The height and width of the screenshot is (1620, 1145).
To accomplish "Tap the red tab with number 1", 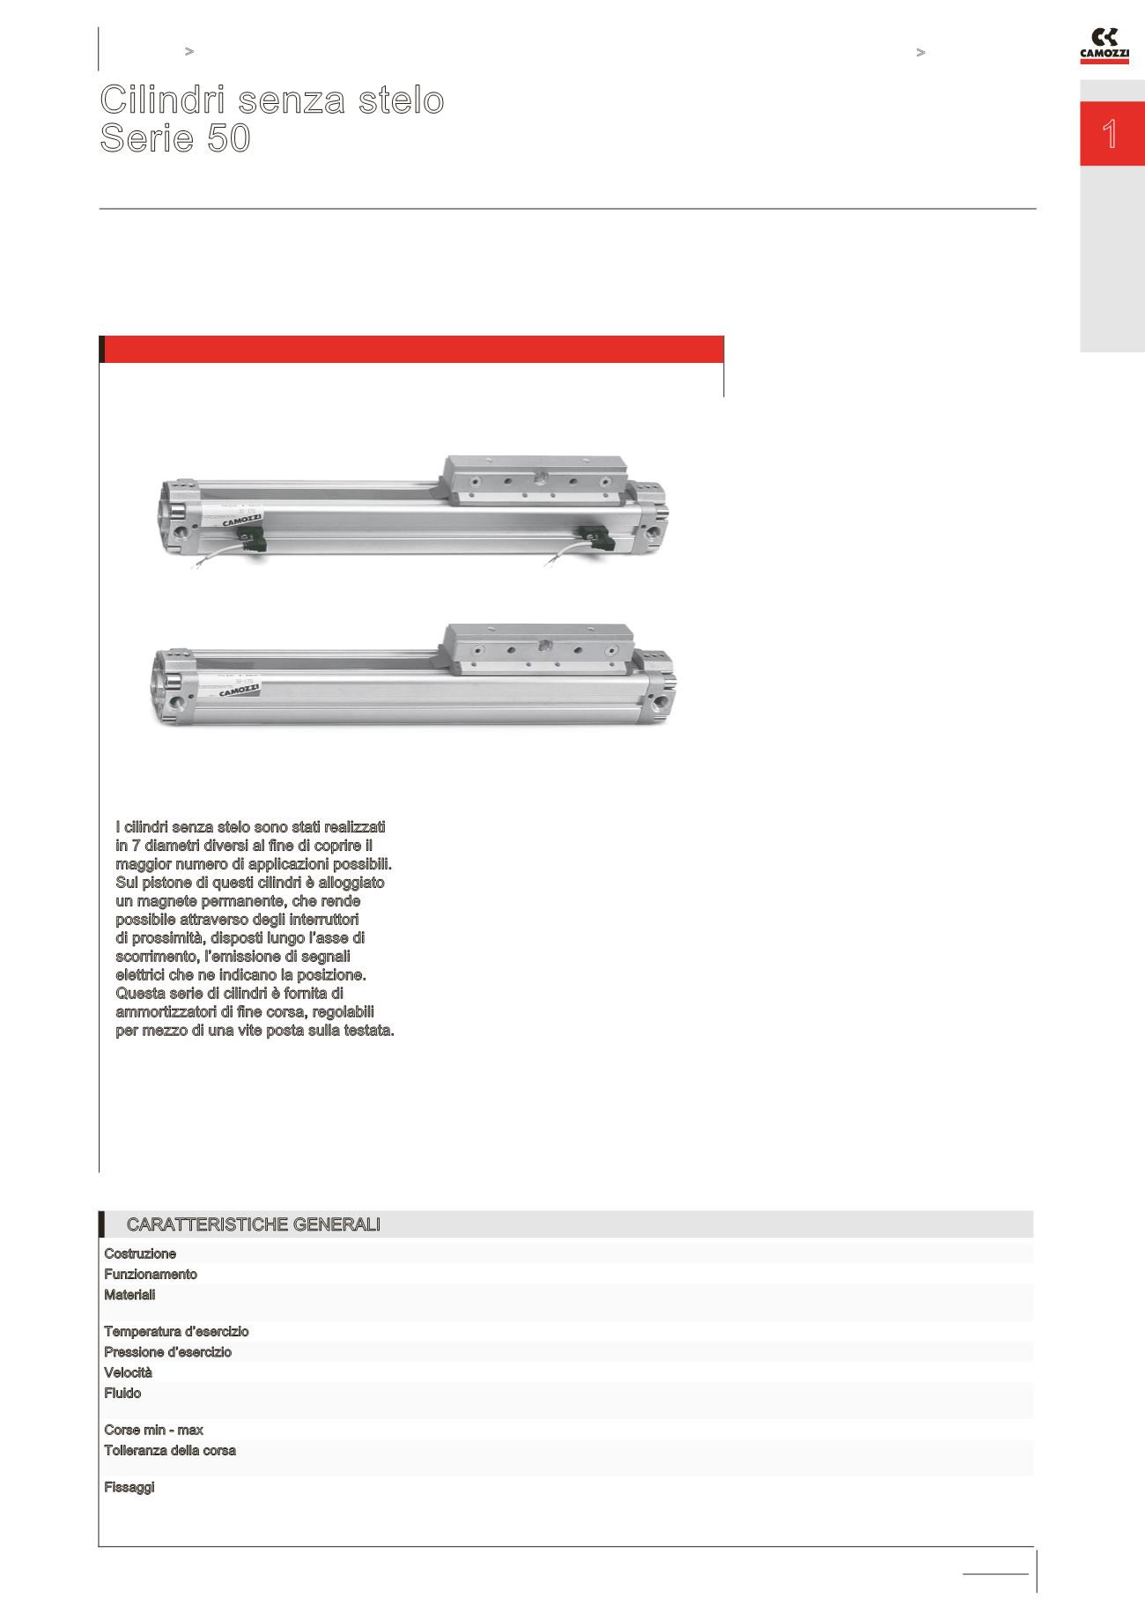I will (x=1112, y=134).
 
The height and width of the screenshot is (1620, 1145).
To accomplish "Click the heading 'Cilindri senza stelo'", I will (x=271, y=100).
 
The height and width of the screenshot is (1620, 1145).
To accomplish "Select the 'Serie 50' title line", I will (x=175, y=139).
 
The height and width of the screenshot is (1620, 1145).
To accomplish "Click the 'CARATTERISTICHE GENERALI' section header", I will (x=253, y=1224).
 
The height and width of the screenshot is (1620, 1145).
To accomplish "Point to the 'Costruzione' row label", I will (x=140, y=1254).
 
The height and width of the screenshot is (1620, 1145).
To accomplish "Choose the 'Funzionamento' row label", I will (x=151, y=1274).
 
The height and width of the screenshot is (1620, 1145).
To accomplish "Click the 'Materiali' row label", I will (x=129, y=1295).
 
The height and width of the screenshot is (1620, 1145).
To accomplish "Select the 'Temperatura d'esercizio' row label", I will (x=176, y=1331).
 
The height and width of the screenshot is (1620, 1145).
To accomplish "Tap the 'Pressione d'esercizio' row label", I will (x=167, y=1351).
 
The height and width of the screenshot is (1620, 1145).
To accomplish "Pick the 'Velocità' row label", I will (x=128, y=1372).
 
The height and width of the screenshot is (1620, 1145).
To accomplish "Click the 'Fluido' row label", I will (x=122, y=1393).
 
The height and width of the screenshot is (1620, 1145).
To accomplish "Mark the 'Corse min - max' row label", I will (x=153, y=1430).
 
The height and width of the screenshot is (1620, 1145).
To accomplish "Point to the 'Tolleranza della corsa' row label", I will (x=170, y=1450).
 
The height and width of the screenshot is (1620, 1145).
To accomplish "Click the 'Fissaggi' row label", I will (x=129, y=1487).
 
